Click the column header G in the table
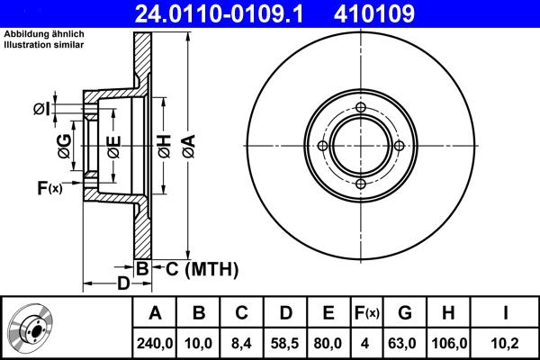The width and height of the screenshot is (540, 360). point(405,312)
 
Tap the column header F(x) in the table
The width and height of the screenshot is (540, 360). point(364,312)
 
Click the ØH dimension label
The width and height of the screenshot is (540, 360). point(164,143)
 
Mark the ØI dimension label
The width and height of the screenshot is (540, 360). point(41,110)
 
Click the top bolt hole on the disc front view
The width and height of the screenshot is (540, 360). point(361,111)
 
